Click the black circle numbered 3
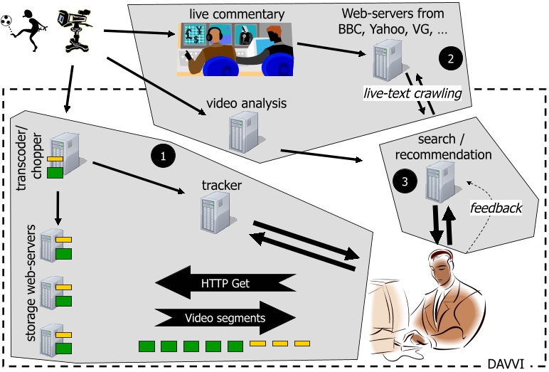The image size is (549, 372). pos(404,181)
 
